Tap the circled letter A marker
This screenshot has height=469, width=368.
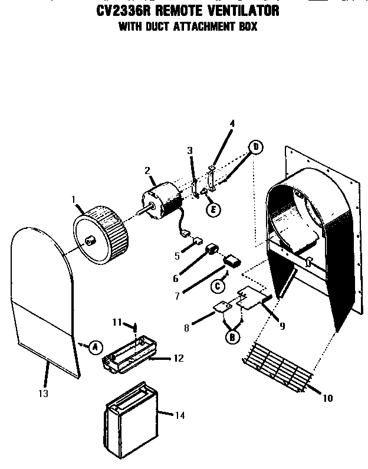point(94,346)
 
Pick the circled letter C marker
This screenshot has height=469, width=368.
point(218,286)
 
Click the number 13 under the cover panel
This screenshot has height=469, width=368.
point(44,393)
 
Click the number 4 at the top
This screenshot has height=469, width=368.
point(232,124)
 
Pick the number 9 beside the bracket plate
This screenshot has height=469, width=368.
point(282,326)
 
